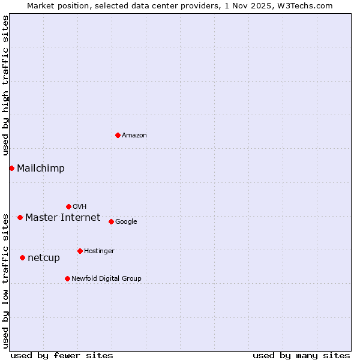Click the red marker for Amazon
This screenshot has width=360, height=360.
118,135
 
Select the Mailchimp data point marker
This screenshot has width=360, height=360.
11,168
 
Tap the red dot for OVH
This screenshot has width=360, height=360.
68,206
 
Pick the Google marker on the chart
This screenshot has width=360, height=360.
111,221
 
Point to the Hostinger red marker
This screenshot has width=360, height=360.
80,251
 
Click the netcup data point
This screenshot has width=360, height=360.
22,257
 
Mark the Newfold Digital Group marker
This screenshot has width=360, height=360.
67,278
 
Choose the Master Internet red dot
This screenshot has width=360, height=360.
20,217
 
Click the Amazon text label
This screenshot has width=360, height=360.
134,136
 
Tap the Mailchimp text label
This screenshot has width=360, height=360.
41,169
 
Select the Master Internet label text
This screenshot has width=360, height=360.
63,218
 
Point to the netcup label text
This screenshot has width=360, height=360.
44,258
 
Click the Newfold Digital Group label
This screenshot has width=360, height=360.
107,278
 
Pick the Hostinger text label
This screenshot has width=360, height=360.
99,251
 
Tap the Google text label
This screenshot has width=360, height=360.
126,222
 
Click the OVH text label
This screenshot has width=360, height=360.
80,207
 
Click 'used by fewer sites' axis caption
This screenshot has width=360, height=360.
62,355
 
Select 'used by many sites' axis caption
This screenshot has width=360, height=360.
301,355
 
